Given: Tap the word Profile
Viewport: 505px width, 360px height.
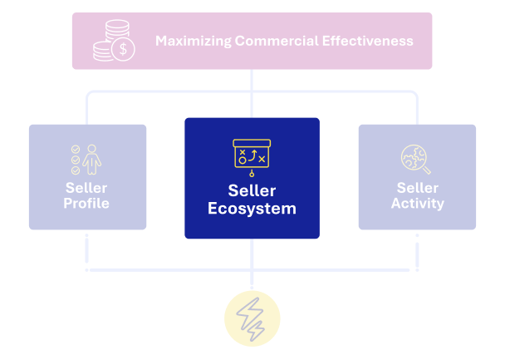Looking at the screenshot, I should coord(86,203).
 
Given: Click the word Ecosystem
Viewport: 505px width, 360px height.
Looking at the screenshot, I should coord(252,209).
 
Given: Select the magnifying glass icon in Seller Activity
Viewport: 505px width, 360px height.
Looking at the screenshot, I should coord(416,158).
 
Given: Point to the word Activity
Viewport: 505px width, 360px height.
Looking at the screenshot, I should coord(417,203).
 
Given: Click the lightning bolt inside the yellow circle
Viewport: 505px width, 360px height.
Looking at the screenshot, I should coord(252,318).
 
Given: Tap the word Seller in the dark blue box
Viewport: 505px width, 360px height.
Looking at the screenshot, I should coord(252,190).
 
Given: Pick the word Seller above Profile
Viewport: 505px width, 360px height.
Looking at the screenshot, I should coord(86,188).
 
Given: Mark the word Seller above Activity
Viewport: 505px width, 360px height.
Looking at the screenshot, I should coord(417,188).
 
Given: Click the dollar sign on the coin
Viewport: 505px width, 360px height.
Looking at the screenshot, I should coord(124,49).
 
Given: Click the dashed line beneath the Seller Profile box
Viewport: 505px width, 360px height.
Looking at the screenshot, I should coord(86,249).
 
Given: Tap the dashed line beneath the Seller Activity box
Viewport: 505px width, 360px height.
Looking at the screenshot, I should coord(417,249).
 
